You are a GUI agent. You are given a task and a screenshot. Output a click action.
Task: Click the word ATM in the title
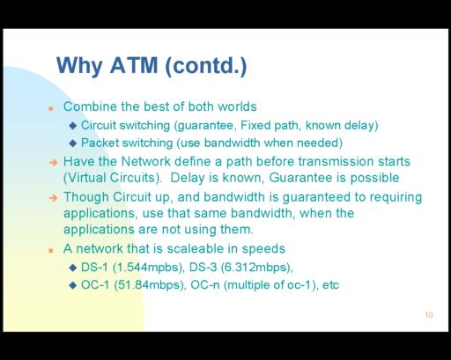[134, 65]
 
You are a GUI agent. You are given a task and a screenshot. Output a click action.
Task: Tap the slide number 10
[429, 315]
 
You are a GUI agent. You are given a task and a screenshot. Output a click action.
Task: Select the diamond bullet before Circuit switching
[73, 126]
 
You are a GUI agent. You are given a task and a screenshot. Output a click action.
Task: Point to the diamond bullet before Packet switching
[73, 143]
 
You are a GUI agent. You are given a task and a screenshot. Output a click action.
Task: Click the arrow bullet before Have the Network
[54, 162]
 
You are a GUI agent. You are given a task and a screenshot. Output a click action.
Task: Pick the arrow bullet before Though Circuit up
[54, 198]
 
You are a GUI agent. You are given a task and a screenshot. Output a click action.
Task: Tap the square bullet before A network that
[51, 250]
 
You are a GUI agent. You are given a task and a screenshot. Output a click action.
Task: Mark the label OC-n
[205, 284]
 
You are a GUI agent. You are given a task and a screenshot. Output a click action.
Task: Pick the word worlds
[237, 107]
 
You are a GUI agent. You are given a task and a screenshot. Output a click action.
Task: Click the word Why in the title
[79, 66]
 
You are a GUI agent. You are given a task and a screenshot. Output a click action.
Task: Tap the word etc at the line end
[330, 285]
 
